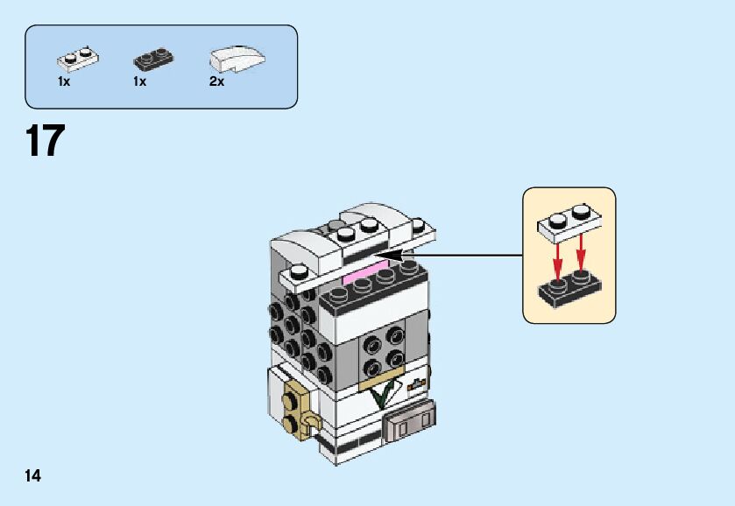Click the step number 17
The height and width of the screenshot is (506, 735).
46,141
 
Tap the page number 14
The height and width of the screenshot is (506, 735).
33,476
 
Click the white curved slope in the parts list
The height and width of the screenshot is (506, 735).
237,58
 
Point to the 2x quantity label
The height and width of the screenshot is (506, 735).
216,81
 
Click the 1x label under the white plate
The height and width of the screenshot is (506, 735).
64,81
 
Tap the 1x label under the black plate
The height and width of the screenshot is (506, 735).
139,81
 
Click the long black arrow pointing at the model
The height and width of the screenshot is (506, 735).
456,256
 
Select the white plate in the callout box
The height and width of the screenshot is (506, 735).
568,224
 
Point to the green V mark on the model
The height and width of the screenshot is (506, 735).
381,395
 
